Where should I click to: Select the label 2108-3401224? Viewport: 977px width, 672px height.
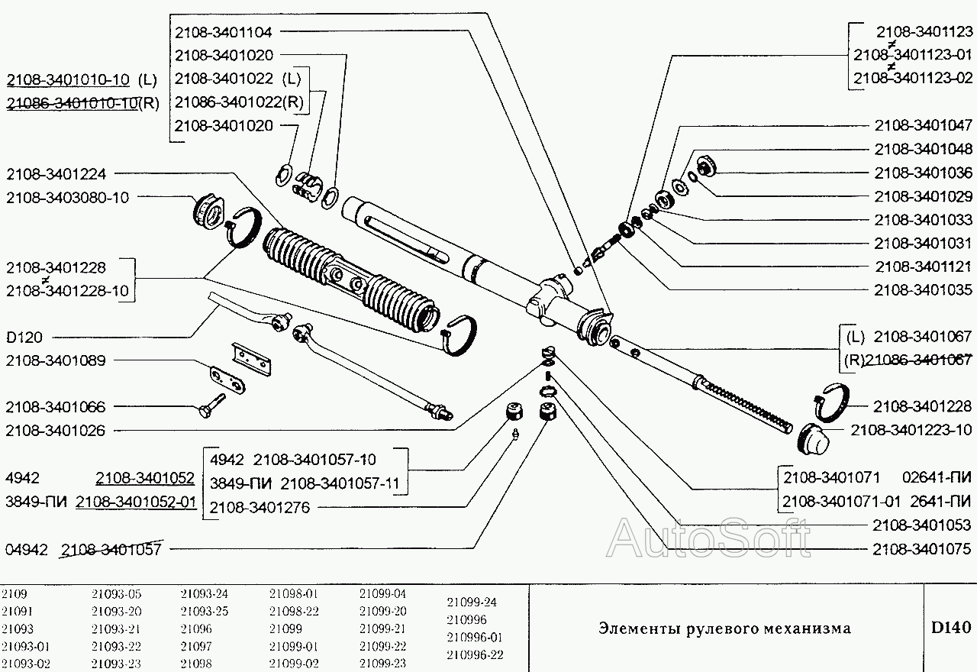click(56, 173)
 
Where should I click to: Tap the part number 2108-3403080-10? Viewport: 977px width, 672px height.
click(67, 197)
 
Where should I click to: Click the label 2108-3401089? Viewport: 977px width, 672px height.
click(56, 360)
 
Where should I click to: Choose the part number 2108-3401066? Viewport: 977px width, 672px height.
click(56, 407)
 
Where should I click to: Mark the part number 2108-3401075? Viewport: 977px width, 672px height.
click(922, 548)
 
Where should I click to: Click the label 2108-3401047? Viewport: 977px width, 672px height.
click(923, 125)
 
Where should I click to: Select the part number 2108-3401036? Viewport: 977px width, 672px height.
click(923, 173)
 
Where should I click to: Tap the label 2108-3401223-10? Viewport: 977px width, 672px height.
click(911, 430)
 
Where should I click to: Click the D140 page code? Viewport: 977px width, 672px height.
click(950, 628)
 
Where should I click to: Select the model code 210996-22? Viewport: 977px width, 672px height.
click(475, 655)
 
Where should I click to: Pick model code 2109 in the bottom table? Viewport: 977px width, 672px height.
click(14, 593)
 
